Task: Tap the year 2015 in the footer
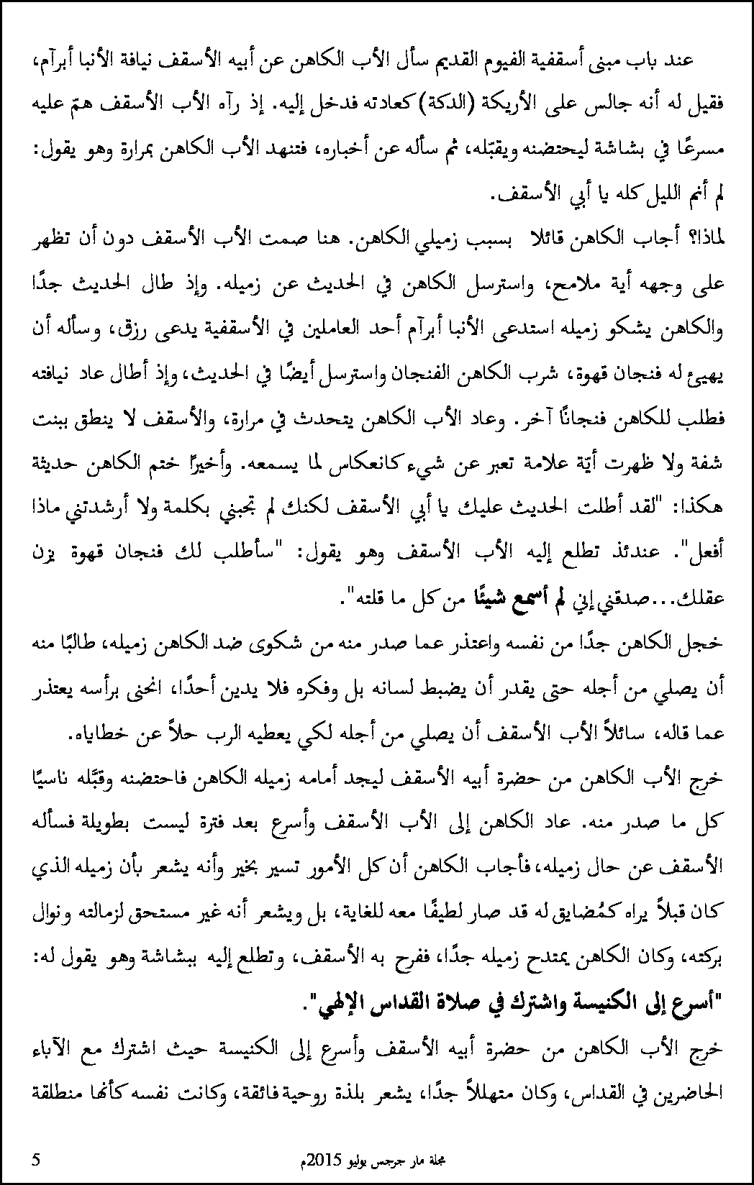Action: point(320,1159)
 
